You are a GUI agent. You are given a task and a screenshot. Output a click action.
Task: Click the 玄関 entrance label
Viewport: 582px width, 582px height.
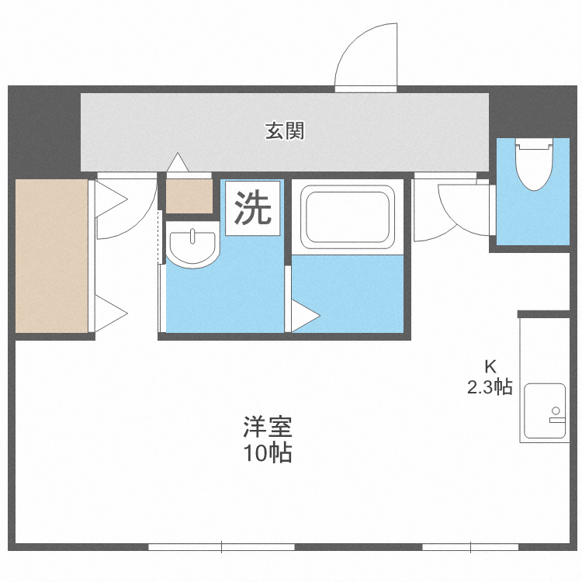[x=285, y=131]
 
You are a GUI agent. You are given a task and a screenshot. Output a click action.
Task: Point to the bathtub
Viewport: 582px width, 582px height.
[x=347, y=215]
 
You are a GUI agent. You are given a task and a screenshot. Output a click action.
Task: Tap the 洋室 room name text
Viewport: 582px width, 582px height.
[x=267, y=427]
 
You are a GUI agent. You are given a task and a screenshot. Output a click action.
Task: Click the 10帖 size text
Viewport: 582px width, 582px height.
[x=267, y=453]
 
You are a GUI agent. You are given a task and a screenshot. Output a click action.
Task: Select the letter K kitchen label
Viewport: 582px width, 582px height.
[x=490, y=366]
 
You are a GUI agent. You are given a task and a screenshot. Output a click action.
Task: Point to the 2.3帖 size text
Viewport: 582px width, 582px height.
[x=490, y=386]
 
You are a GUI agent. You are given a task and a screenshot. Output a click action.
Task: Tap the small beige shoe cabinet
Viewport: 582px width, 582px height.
[x=189, y=196]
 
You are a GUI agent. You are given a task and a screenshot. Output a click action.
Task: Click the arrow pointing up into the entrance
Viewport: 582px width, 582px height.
[x=178, y=162]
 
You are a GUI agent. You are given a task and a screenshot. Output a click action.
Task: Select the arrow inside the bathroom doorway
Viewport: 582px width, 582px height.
[x=304, y=316]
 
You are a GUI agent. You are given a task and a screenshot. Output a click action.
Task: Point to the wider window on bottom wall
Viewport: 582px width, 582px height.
[x=221, y=547]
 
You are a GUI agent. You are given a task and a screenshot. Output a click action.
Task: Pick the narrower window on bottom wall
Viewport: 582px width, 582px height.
[x=469, y=547]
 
